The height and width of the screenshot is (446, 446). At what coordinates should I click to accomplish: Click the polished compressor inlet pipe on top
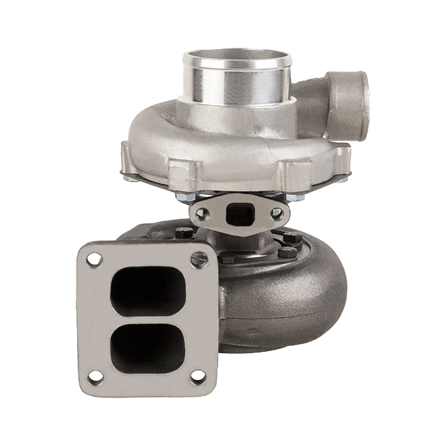pyautogui.click(x=237, y=78)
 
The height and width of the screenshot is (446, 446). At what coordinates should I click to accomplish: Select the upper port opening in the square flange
pyautogui.click(x=148, y=290)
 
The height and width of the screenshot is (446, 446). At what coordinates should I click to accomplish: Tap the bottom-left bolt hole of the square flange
pyautogui.click(x=95, y=376)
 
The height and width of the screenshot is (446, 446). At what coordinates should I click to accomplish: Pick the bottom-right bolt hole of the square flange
pyautogui.click(x=198, y=376)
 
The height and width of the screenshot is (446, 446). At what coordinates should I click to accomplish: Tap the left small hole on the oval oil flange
pyautogui.click(x=202, y=212)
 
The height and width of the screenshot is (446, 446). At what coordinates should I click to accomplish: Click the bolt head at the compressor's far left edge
pyautogui.click(x=130, y=178)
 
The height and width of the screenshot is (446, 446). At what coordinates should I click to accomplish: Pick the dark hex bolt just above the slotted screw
pyautogui.click(x=226, y=258)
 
